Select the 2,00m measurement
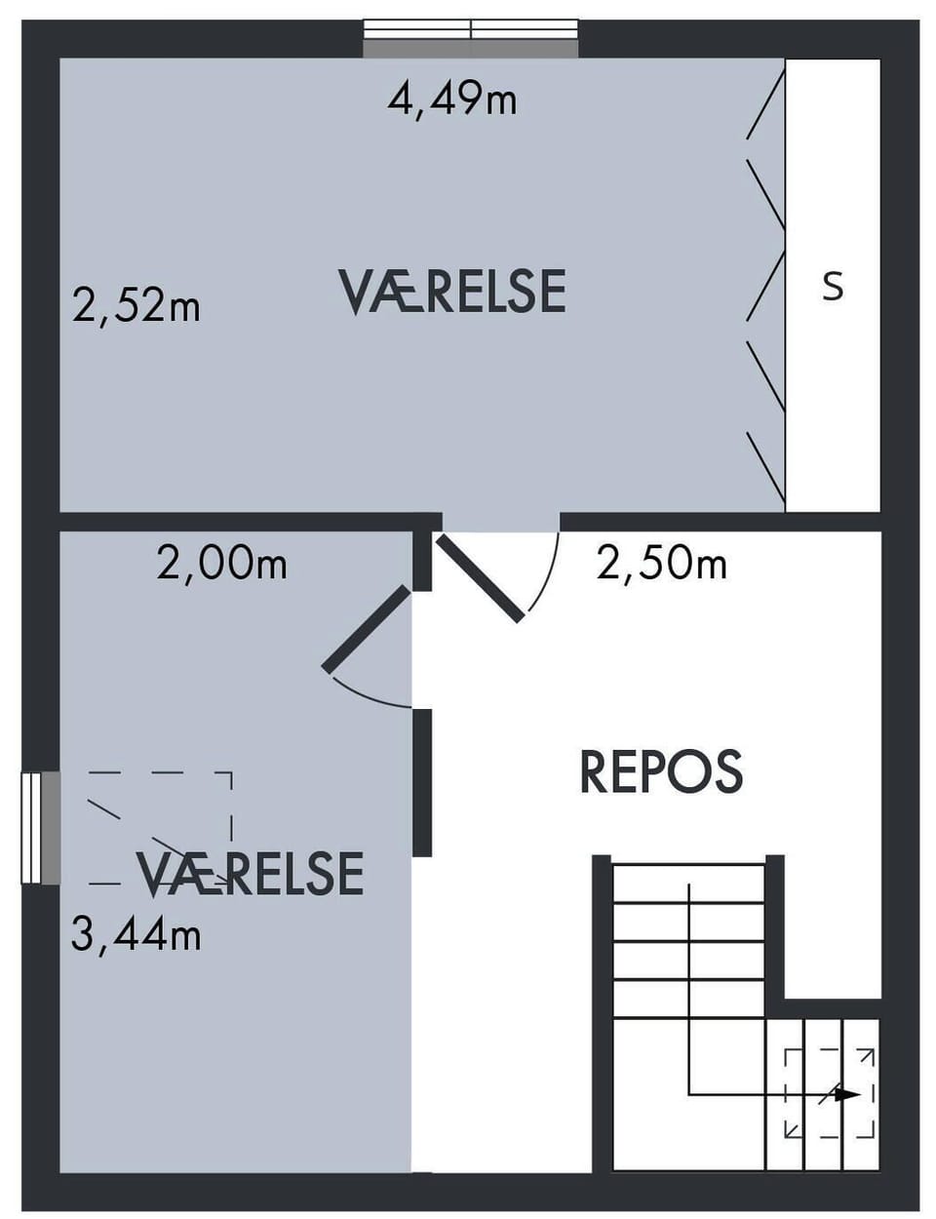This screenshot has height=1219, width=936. (x=222, y=564)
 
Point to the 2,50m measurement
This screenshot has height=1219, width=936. (x=662, y=564)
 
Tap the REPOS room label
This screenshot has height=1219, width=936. (x=662, y=772)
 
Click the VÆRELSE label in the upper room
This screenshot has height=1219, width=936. (x=452, y=292)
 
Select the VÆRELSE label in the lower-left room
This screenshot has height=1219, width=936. (x=251, y=874)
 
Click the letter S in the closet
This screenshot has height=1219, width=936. (x=833, y=288)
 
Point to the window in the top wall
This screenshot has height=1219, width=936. (x=471, y=38)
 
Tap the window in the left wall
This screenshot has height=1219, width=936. (x=40, y=828)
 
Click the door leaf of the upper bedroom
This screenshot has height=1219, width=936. (x=480, y=579)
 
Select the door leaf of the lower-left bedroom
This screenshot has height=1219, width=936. (x=367, y=628)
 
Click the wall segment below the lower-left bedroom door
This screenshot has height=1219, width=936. (x=422, y=782)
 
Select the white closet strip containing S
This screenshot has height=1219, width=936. (x=833, y=285)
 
